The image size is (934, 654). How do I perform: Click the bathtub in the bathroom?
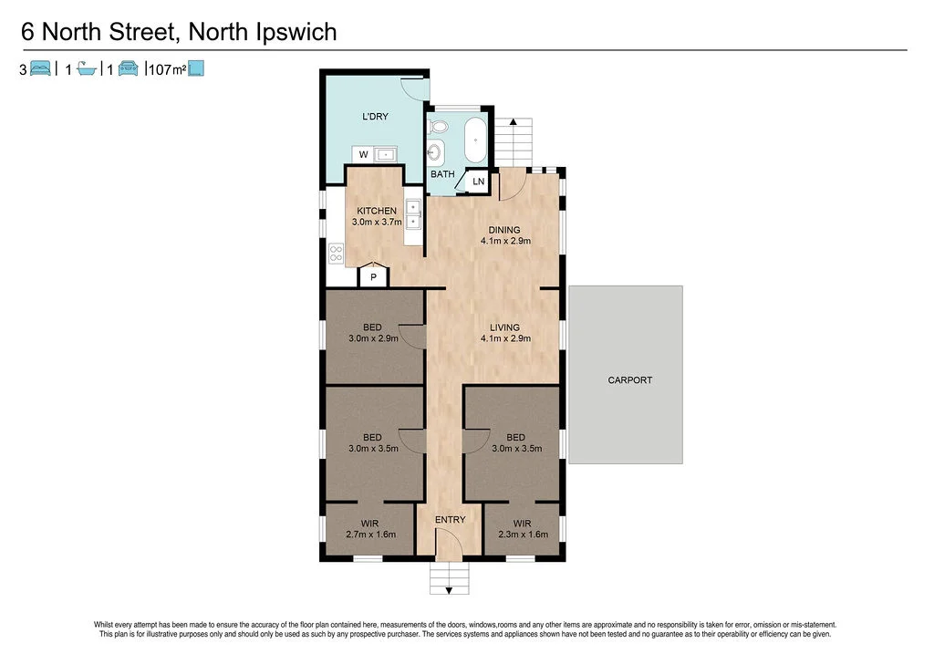(x=476, y=140)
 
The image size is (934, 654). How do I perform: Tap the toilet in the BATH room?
(x=438, y=127)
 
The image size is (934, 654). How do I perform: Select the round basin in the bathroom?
(x=436, y=152)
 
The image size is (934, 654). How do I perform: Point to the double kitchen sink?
(x=412, y=214)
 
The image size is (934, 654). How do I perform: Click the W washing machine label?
(x=363, y=155)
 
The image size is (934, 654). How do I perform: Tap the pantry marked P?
(x=373, y=276)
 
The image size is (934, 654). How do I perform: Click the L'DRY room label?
(x=375, y=117)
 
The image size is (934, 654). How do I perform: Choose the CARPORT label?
(x=629, y=380)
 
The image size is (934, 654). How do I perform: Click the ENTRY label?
(x=450, y=520)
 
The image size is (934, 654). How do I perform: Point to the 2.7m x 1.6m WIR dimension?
(x=371, y=535)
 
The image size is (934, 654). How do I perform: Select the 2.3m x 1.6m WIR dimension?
(x=522, y=535)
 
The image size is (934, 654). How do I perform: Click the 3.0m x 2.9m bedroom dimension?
(x=373, y=338)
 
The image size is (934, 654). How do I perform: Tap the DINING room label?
(x=504, y=230)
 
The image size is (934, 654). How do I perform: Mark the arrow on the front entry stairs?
(x=448, y=590)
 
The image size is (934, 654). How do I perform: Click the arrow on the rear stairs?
(x=514, y=122)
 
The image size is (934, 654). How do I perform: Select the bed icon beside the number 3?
(x=40, y=68)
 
